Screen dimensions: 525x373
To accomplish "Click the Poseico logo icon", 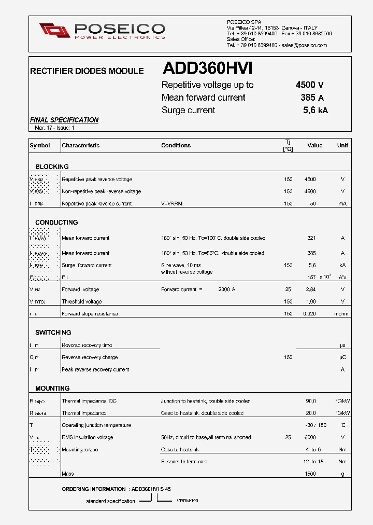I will pyautogui.click(x=54, y=31).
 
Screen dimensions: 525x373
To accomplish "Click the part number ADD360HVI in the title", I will pyautogui.click(x=207, y=69).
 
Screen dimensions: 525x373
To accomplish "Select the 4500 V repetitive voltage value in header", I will pyautogui.click(x=309, y=85).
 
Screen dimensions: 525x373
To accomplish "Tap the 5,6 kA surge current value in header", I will pyautogui.click(x=315, y=110).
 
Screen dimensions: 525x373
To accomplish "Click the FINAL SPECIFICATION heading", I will pyautogui.click(x=64, y=120).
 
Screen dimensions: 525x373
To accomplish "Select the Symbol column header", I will pyautogui.click(x=40, y=146).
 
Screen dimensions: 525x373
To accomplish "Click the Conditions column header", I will pyautogui.click(x=176, y=146).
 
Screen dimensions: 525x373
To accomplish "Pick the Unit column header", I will pyautogui.click(x=342, y=146).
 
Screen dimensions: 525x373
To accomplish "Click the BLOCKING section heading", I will pyautogui.click(x=52, y=167).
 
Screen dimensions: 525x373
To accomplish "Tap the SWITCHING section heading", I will pyautogui.click(x=53, y=333).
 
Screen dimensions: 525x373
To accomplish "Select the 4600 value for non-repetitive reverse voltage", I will pyautogui.click(x=310, y=191).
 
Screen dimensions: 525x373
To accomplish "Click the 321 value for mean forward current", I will pyautogui.click(x=311, y=238).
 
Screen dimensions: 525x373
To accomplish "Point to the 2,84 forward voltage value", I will pyautogui.click(x=311, y=289).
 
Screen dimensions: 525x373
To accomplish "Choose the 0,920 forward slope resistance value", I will pyautogui.click(x=310, y=314).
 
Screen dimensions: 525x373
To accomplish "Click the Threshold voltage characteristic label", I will pyautogui.click(x=81, y=301).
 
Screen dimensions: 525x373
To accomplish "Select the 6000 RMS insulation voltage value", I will pyautogui.click(x=310, y=437).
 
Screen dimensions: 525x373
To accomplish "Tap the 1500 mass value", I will pyautogui.click(x=310, y=474).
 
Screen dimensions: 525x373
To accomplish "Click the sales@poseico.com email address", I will pyautogui.click(x=304, y=45).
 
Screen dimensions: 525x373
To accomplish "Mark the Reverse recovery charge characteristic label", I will pyautogui.click(x=90, y=357).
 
